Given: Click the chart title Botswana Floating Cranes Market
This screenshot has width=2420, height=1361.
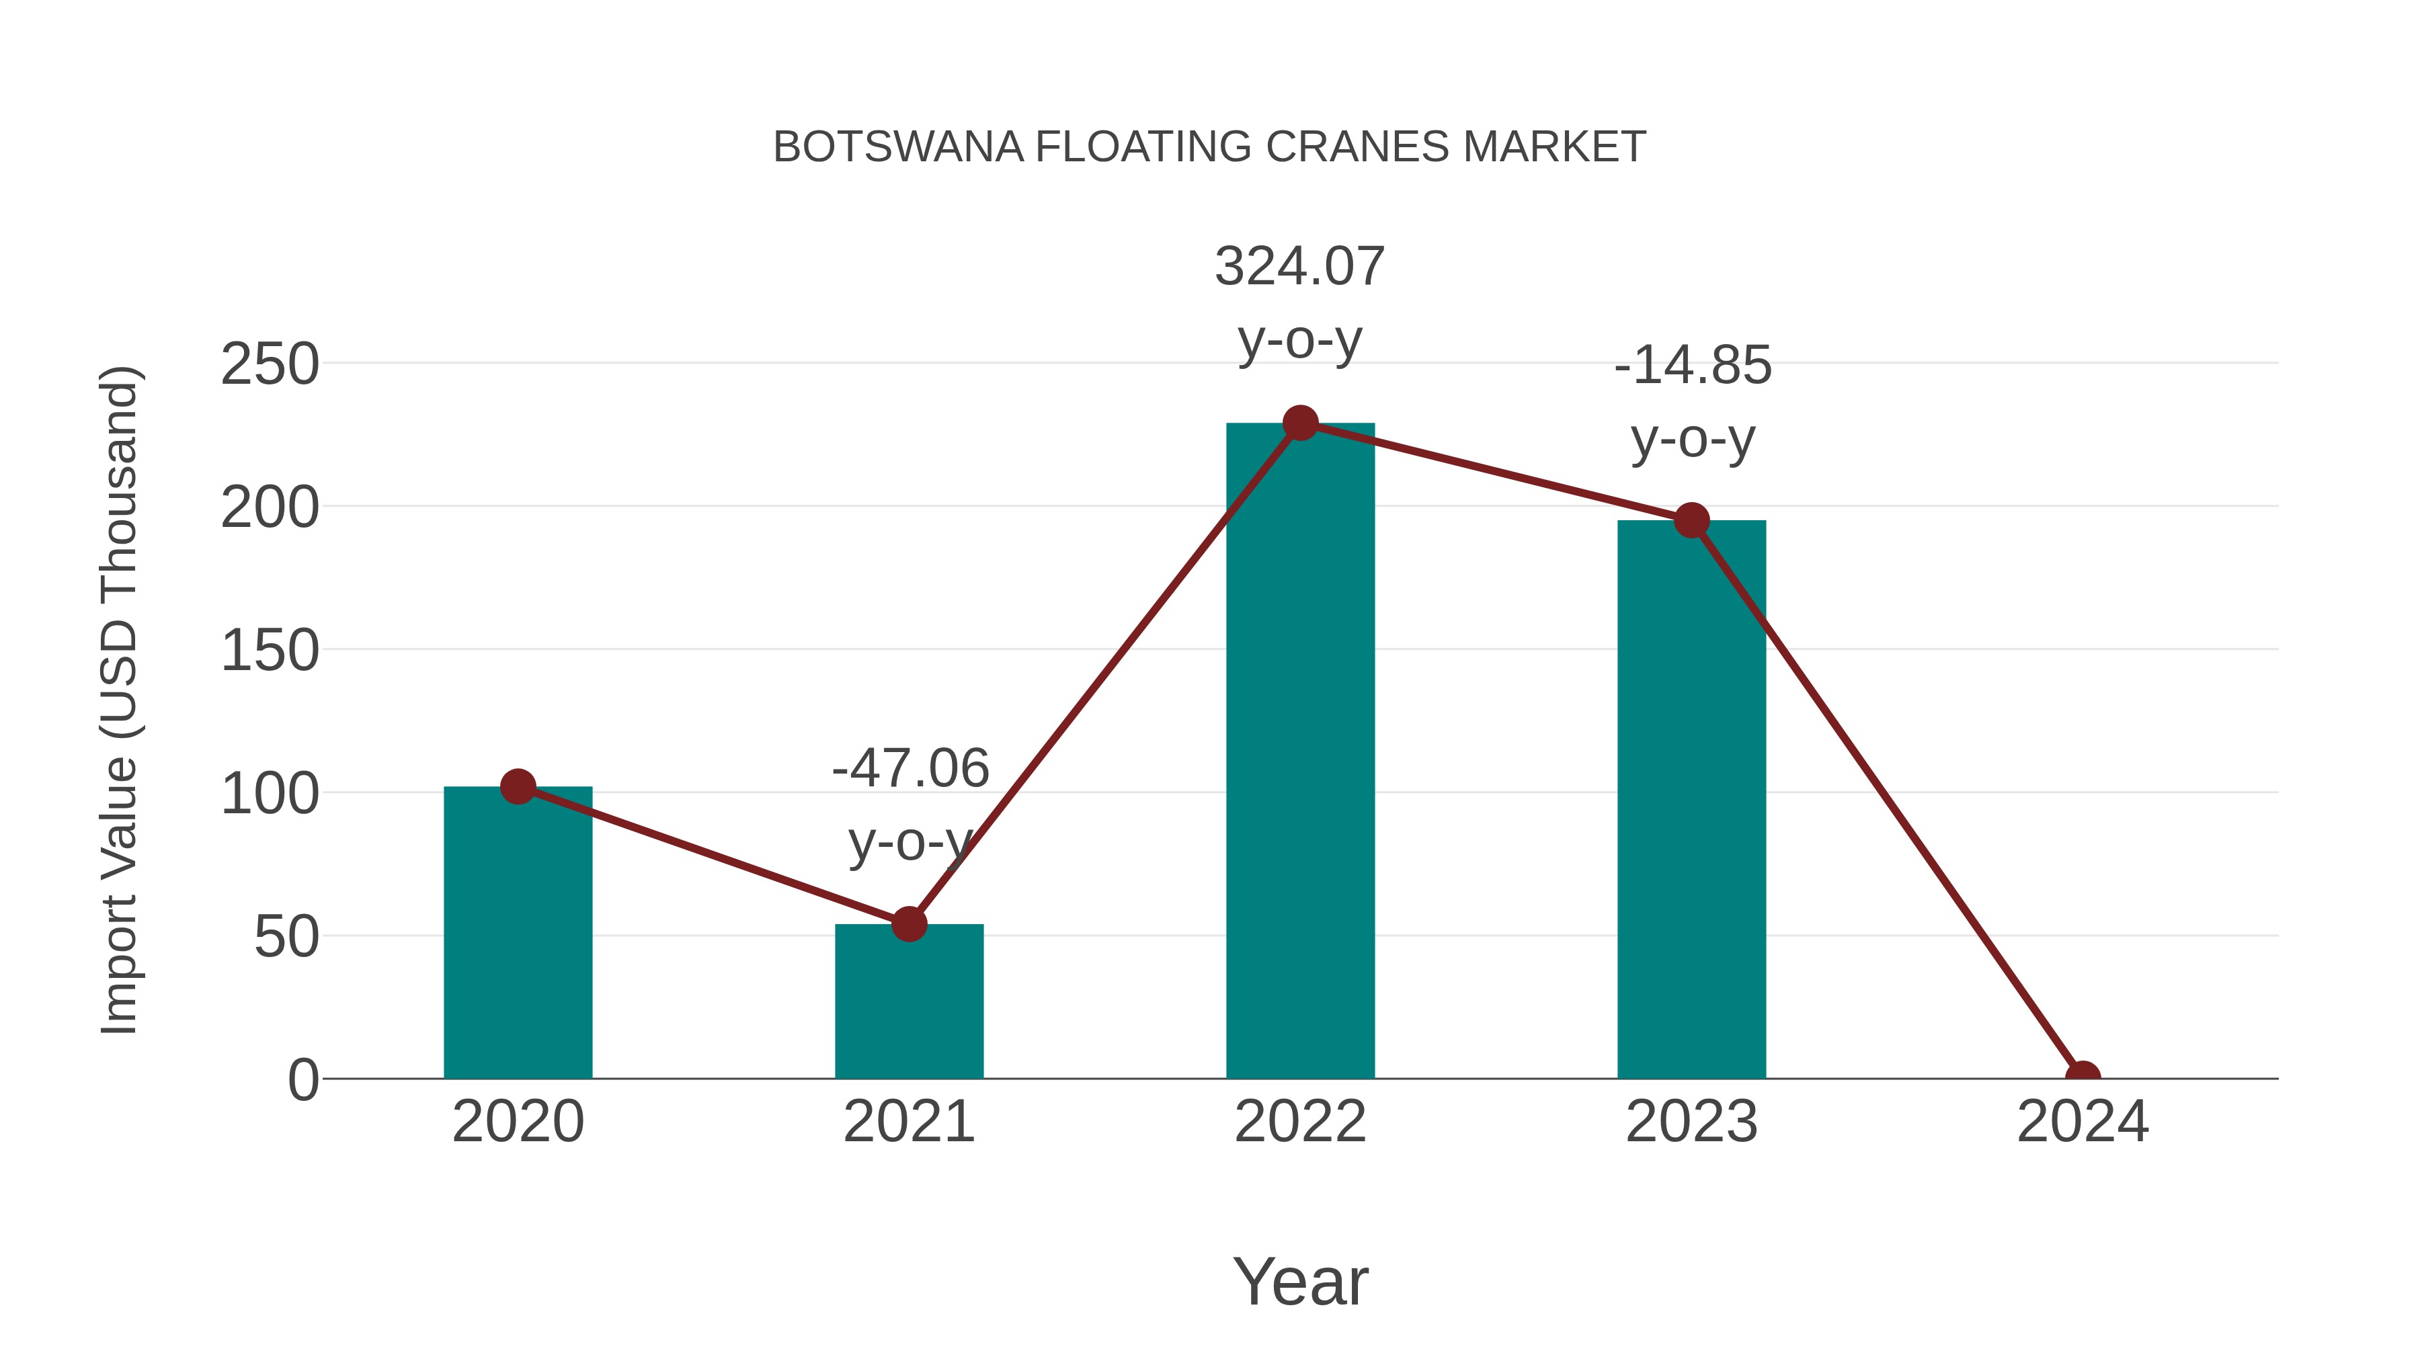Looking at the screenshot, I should (1209, 147).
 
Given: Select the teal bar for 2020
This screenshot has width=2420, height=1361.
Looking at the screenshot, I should (518, 940).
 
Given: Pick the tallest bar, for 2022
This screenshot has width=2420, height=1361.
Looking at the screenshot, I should (1300, 751).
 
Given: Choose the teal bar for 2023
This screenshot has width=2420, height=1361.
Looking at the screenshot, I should (1691, 808).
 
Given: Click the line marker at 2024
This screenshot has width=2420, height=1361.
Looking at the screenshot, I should (2082, 1077).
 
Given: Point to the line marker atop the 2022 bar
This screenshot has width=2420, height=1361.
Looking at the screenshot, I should (1300, 423).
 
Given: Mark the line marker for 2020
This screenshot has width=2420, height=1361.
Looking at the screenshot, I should (518, 786).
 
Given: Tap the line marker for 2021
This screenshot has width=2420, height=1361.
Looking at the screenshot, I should (908, 924).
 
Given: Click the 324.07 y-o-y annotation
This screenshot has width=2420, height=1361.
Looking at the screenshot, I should (1299, 302).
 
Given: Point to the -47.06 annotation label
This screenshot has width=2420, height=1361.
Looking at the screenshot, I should (910, 768).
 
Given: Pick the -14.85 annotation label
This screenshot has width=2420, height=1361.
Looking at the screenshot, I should (1692, 366).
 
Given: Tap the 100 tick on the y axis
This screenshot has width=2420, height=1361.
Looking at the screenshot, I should (270, 794).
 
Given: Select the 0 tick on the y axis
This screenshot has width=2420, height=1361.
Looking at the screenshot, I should (303, 1080).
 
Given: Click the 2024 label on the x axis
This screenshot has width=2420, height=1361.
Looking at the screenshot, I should (2082, 1122).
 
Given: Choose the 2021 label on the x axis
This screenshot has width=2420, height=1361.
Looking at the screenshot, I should (908, 1122).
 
